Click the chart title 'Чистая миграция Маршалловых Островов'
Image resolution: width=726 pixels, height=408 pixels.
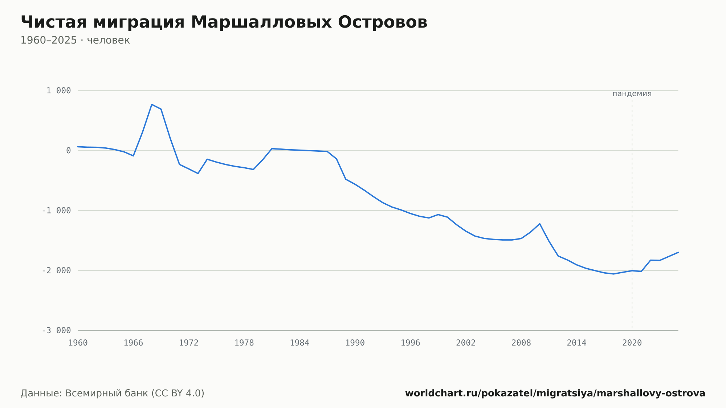(224, 23)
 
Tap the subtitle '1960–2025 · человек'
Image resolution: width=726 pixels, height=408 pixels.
(75, 40)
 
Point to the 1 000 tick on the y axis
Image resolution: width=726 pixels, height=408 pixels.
(58, 91)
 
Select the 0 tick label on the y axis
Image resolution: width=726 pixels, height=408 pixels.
(69, 151)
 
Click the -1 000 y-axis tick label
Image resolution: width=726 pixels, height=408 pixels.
(56, 211)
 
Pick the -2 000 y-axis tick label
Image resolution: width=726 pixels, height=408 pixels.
(56, 270)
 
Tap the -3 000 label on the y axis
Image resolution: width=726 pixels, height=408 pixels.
(56, 330)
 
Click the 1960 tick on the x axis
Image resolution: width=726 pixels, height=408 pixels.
(78, 343)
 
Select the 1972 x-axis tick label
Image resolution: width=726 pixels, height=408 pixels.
(189, 343)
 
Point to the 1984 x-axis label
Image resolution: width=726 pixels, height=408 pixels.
(299, 343)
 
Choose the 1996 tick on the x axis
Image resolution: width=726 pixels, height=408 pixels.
(411, 343)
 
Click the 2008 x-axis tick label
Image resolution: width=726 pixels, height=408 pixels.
(521, 343)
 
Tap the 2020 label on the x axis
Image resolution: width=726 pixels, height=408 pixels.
(632, 343)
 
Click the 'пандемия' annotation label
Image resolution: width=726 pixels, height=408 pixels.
(632, 94)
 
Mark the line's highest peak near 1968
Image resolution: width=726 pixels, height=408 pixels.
(152, 105)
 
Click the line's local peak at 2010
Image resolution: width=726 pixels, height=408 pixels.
(540, 224)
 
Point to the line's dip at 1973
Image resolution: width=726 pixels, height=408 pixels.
(198, 174)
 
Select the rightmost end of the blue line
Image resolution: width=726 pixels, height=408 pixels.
(678, 252)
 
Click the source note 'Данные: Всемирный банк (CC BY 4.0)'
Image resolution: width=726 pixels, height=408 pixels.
(113, 393)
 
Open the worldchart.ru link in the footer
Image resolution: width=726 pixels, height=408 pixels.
(555, 393)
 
